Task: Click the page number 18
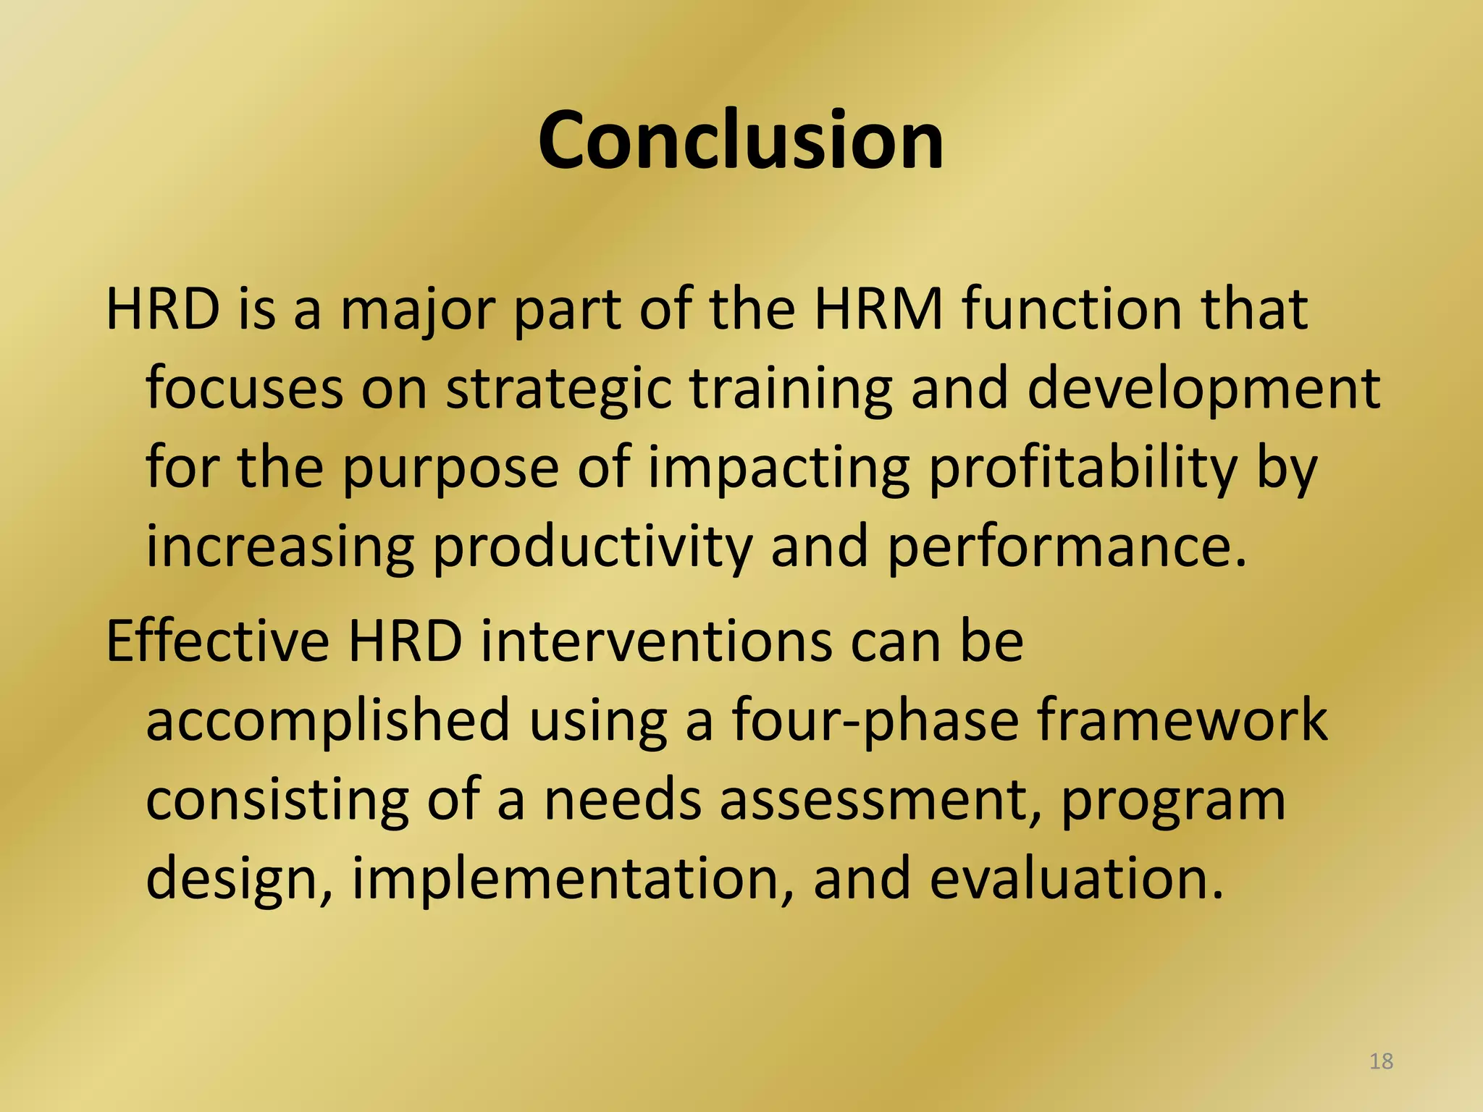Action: [x=1381, y=1061]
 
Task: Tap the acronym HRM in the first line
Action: [x=878, y=310]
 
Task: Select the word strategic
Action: [x=558, y=389]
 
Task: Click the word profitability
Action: [x=1083, y=468]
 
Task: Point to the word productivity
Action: [x=592, y=547]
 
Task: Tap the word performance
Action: [x=1067, y=547]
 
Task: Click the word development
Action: [x=1203, y=389]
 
